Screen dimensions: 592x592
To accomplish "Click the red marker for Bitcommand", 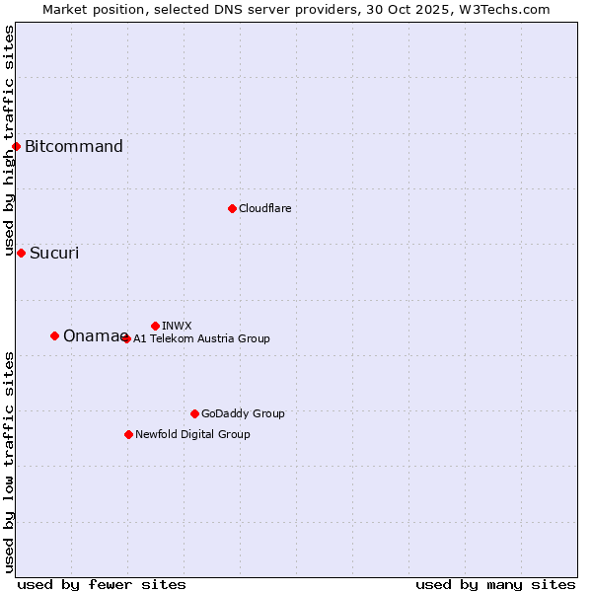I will click(16, 147).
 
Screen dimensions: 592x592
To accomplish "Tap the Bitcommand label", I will click(74, 147).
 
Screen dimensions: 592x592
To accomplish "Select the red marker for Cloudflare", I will click(232, 208).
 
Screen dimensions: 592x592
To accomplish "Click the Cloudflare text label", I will click(265, 208).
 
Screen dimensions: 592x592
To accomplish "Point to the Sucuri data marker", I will click(21, 253).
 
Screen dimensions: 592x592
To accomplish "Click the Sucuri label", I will click(54, 253).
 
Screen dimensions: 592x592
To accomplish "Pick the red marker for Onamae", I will click(54, 335).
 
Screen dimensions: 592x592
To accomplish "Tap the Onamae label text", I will click(93, 335).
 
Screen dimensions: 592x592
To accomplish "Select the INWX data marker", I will click(155, 326).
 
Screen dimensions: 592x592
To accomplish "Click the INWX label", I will click(177, 326).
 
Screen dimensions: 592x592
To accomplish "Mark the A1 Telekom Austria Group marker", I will click(126, 338).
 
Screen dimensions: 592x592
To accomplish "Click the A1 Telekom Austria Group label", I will click(201, 338).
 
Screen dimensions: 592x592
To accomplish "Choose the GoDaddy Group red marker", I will click(194, 413).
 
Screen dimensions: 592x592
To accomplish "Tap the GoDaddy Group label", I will click(243, 413).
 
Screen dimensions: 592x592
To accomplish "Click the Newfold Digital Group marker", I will click(128, 434).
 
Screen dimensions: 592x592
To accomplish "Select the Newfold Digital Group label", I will click(192, 434).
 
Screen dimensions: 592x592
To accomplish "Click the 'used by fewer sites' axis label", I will click(102, 584).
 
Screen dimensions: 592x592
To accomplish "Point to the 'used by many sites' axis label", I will click(495, 584).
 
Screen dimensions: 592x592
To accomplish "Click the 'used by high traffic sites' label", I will click(9, 141).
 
